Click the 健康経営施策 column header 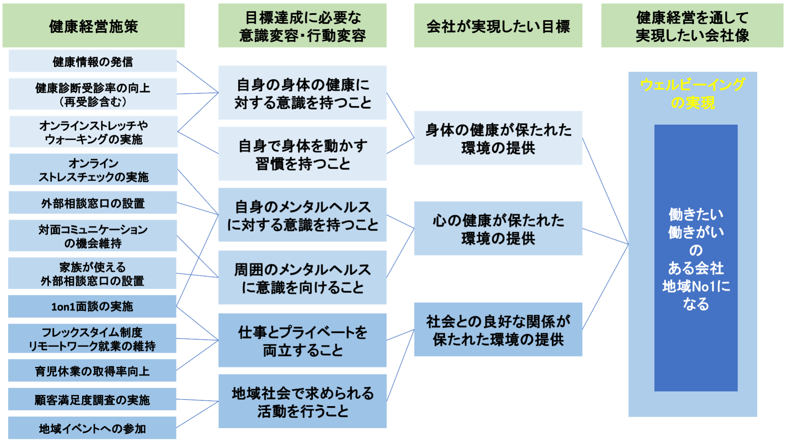coord(93,26)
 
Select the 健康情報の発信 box coord(93,61)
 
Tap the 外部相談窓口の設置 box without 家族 coord(93,203)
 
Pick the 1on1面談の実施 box coord(92,306)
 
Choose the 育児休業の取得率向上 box coord(92,371)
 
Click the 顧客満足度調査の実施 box coord(92,399)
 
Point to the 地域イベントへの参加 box coord(92,428)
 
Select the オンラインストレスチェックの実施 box coord(93,169)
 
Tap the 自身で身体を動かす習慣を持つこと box coord(302,154)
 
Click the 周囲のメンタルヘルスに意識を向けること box coord(302,278)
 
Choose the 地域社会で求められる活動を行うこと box coord(302,401)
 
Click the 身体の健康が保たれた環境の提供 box coord(498,138)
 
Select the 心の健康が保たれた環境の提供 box coord(498,228)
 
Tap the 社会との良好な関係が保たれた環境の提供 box coord(498,329)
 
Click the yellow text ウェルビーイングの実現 coord(693,93)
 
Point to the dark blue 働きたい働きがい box coord(696,258)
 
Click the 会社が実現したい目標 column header coord(498,26)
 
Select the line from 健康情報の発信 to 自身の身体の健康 coord(197,77)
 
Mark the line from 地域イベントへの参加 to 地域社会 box coord(197,414)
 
